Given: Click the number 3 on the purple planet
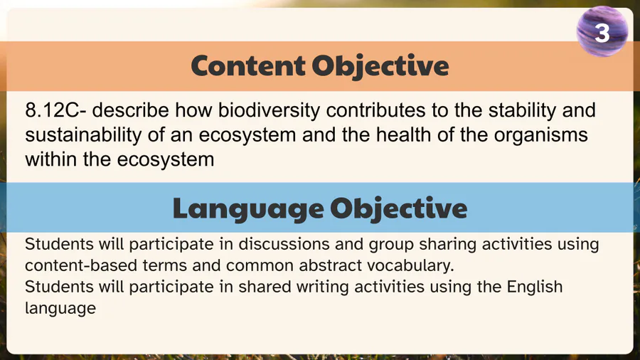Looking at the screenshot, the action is [602, 33].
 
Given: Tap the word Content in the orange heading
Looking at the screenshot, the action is [247, 65].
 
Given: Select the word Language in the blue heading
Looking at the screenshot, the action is [248, 209].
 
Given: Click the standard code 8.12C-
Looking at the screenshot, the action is [55, 110].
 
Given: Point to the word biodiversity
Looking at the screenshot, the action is [269, 110].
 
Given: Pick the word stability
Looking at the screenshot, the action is [522, 110].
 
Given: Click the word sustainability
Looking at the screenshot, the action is [83, 135].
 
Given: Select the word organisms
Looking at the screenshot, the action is [541, 135].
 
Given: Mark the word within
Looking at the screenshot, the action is [51, 159].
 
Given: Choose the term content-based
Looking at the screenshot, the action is [81, 265].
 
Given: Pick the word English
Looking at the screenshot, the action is [535, 287].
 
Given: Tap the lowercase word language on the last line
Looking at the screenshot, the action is [60, 309].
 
